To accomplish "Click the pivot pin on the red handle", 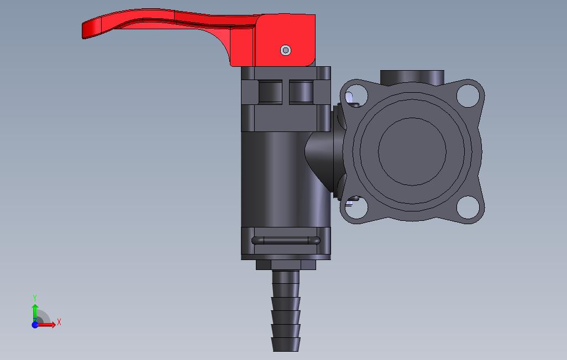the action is [286, 50].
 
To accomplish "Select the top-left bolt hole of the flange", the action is [356, 96].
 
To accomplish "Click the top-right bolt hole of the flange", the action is [468, 96].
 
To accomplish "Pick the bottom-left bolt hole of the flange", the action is [356, 208].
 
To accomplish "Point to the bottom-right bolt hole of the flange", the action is [468, 208].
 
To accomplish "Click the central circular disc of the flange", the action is [412, 151].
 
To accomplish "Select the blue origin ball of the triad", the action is [35, 325].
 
